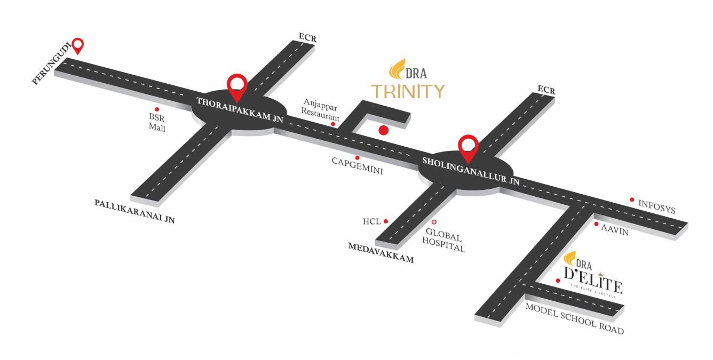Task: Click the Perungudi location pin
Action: [78, 45]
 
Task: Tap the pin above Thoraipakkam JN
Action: [237, 86]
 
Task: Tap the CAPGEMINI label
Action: [357, 167]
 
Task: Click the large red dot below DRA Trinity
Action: [383, 130]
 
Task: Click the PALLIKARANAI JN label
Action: [135, 211]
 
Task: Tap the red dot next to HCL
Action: [386, 221]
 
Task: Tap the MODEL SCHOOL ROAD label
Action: [574, 318]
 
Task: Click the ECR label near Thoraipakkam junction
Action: [307, 38]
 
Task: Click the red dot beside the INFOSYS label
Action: [632, 199]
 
